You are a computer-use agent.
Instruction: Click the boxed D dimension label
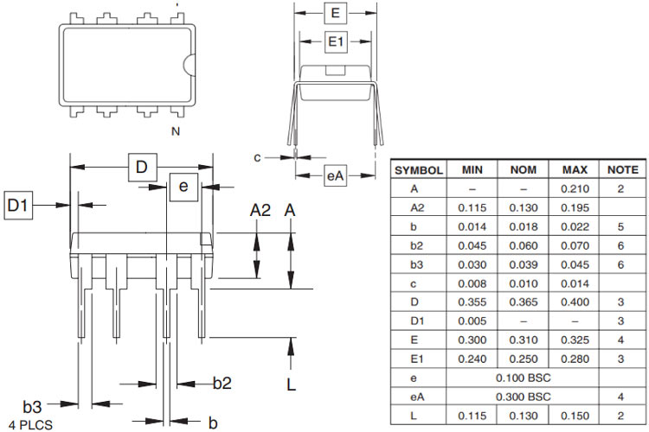141,167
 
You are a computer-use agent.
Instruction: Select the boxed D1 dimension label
18,206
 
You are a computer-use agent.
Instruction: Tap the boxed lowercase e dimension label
183,186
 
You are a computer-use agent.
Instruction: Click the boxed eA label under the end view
336,175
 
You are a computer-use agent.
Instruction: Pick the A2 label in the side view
260,210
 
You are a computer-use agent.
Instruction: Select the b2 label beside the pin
222,383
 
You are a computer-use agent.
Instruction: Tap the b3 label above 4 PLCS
33,406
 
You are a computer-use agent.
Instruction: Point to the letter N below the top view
176,131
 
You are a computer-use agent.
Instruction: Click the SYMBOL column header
419,170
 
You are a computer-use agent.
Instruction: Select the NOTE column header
623,170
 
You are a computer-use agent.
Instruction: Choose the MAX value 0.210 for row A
575,188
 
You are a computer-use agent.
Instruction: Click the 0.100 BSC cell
524,378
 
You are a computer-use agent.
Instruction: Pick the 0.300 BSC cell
524,397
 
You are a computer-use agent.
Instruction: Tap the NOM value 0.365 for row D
524,302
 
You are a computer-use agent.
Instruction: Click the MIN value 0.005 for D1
472,321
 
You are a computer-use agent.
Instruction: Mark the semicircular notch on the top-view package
189,64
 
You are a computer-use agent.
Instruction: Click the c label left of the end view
257,156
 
